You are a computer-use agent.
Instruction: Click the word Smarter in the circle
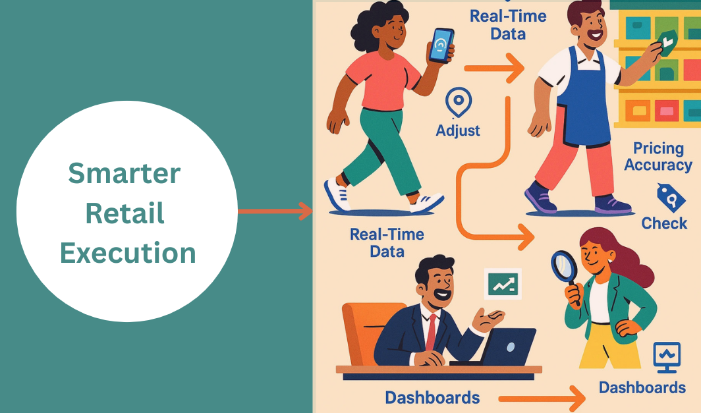[x=125, y=173]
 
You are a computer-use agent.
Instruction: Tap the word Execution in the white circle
[x=128, y=253]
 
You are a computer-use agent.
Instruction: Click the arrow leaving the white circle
[x=275, y=211]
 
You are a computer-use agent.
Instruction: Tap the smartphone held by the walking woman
[x=441, y=45]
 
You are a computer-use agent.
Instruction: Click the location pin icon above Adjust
[x=459, y=102]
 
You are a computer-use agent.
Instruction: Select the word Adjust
[x=458, y=130]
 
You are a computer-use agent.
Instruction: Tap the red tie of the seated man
[x=431, y=333]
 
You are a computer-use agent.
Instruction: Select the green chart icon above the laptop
[x=503, y=284]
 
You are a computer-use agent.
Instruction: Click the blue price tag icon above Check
[x=671, y=198]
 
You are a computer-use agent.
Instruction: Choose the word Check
[x=664, y=223]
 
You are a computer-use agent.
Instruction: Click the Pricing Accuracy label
[x=658, y=157]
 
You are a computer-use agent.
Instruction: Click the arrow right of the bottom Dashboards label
[x=542, y=398]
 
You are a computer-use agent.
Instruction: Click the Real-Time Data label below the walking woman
[x=387, y=242]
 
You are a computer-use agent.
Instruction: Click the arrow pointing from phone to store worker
[x=494, y=68]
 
